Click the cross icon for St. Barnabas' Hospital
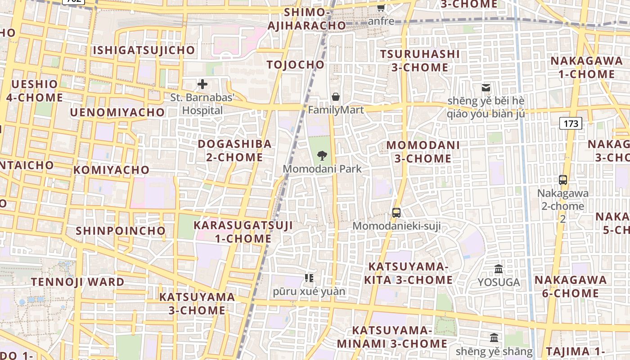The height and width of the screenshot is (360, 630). [x=202, y=84]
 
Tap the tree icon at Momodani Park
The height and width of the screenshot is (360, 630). [x=322, y=156]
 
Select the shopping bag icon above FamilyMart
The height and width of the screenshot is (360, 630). [x=336, y=97]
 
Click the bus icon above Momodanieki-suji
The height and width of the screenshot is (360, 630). [x=396, y=213]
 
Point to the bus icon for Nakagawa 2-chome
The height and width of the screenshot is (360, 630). [x=562, y=180]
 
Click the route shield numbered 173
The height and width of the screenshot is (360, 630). [x=571, y=123]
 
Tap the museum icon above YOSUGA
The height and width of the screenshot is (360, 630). [x=499, y=269]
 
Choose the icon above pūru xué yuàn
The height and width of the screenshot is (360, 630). [x=309, y=278]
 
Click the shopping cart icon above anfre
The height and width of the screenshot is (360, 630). [x=381, y=8]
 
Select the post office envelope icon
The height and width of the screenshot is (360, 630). [x=486, y=88]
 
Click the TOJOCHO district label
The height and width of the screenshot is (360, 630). [x=295, y=65]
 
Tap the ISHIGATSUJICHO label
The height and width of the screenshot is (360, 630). [x=144, y=50]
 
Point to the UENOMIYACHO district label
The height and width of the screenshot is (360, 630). [x=117, y=112]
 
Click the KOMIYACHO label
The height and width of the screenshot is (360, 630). [x=111, y=170]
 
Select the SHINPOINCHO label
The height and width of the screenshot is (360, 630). [x=121, y=231]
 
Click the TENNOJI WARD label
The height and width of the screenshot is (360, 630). [x=77, y=282]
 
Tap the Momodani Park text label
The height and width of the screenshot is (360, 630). [x=322, y=169]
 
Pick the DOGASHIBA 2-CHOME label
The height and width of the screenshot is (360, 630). [x=235, y=151]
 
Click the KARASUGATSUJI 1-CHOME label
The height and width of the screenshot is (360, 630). [x=243, y=232]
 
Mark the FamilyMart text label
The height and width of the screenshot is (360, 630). [x=336, y=110]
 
